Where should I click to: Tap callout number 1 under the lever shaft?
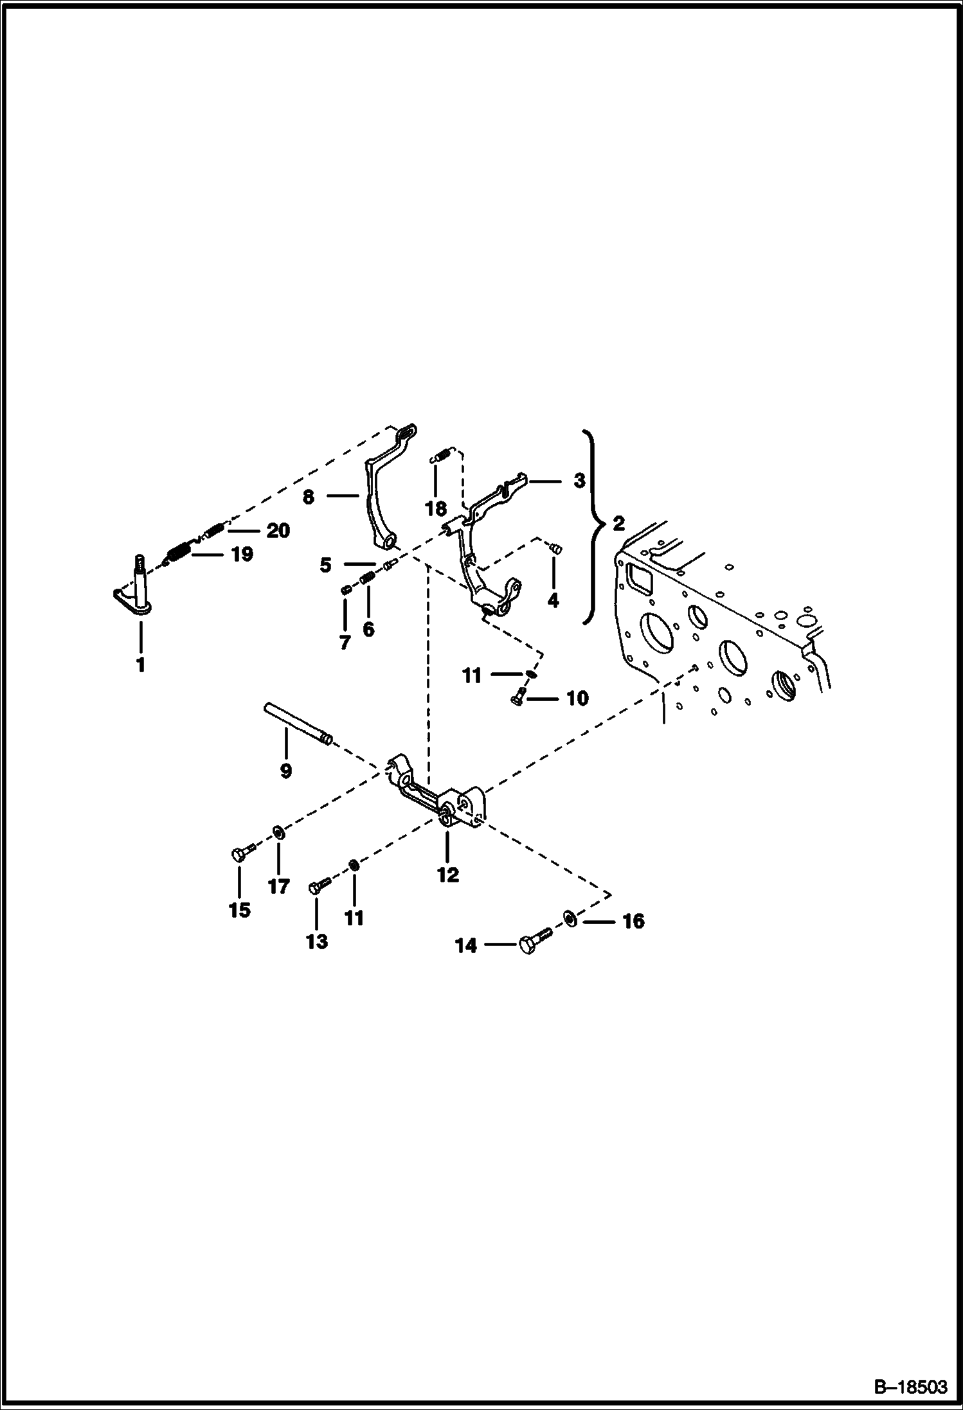click(141, 665)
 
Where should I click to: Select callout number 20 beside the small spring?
click(278, 531)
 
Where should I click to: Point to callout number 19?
click(242, 554)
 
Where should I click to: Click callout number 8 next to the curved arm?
click(309, 497)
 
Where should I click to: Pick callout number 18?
click(436, 509)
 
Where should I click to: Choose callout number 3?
click(579, 480)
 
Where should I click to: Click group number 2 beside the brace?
click(618, 524)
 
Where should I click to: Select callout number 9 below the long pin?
click(286, 771)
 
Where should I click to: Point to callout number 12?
click(448, 875)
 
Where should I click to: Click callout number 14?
click(467, 945)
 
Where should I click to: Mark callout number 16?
click(633, 922)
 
